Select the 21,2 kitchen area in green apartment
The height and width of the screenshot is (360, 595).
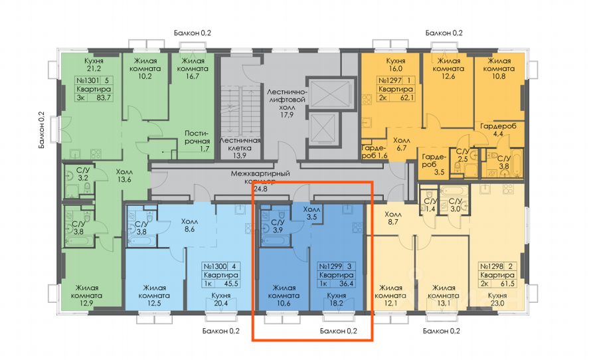click(x=92, y=68)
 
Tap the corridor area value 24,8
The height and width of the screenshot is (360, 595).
click(x=263, y=189)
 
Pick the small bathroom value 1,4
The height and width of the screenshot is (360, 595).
click(x=430, y=209)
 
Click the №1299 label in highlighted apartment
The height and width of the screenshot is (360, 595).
click(x=329, y=265)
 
